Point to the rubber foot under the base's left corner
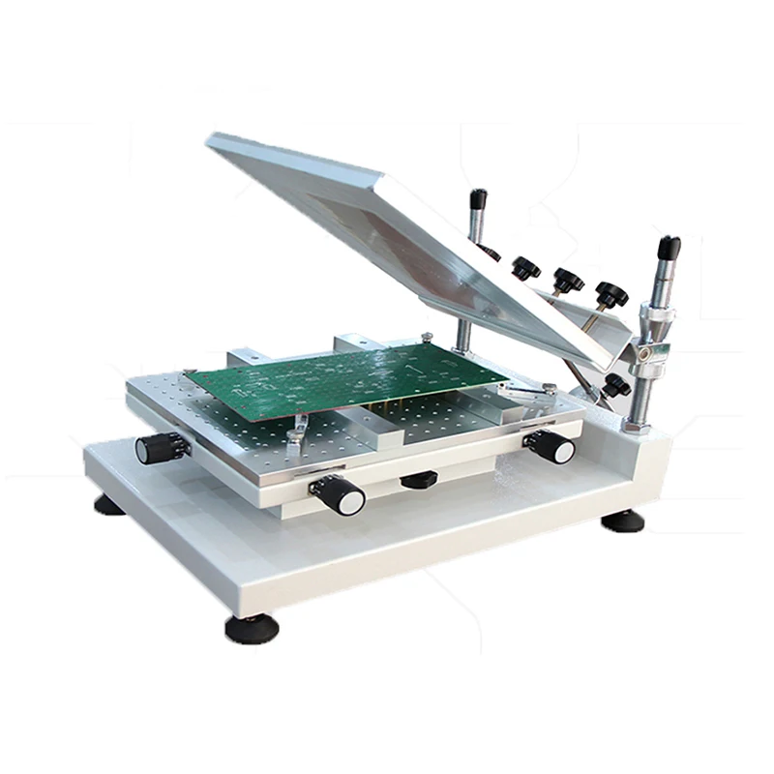109,504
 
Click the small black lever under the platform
418,479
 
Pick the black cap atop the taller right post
669,248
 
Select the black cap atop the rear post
478,199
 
